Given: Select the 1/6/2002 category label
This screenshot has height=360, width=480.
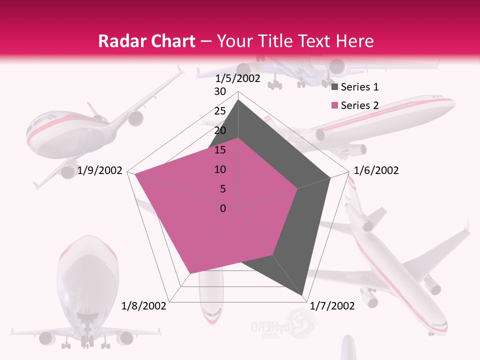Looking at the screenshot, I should [x=376, y=170].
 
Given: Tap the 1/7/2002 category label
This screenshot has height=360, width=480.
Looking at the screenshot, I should [x=332, y=305].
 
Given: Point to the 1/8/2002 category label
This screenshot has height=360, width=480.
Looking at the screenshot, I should [x=144, y=305].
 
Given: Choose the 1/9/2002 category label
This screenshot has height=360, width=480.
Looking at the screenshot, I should [x=100, y=170].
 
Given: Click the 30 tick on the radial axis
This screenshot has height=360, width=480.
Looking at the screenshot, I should [x=220, y=91].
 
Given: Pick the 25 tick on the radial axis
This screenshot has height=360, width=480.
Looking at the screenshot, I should [x=220, y=111].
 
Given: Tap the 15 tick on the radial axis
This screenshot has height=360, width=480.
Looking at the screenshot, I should [x=220, y=150].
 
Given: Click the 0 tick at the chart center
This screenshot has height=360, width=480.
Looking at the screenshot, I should [x=223, y=208].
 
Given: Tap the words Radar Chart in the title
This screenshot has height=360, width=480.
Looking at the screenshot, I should [x=146, y=41].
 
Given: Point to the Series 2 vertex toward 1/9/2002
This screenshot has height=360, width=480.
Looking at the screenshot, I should [x=135, y=174].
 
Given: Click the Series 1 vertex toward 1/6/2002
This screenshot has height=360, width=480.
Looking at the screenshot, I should [x=330, y=178].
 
